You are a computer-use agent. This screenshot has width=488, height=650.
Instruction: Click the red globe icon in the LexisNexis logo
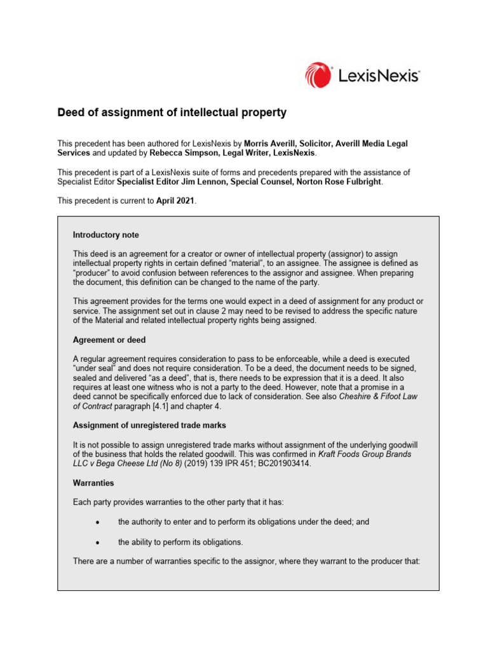(318, 75)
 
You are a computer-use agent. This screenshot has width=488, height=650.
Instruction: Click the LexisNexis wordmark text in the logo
(378, 76)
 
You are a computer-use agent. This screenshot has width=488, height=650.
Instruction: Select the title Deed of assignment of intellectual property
(172, 113)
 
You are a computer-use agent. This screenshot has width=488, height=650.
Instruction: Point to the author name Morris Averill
(272, 144)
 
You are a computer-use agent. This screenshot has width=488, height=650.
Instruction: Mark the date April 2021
(175, 201)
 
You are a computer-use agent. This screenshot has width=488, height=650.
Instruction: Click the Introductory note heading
(106, 235)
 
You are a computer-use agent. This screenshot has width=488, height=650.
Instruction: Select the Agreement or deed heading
(109, 340)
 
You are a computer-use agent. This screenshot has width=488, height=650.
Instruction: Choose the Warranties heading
(93, 483)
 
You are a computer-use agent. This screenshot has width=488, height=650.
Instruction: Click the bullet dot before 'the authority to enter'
(96, 522)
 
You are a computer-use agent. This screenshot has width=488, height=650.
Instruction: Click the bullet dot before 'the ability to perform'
(96, 543)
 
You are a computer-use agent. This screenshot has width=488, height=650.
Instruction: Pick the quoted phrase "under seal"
(93, 368)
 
